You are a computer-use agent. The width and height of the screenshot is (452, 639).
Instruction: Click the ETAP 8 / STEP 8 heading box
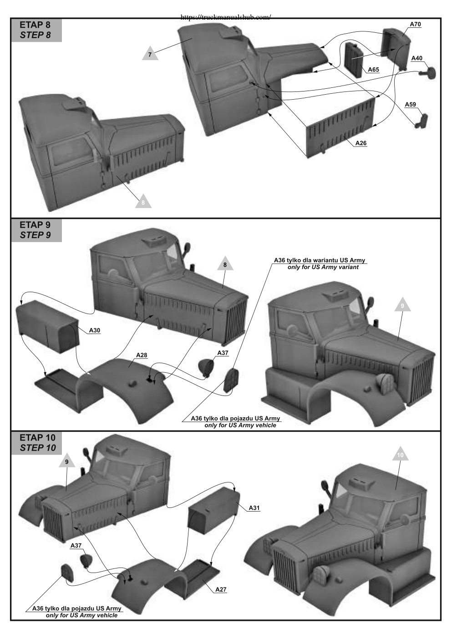[x=36, y=30]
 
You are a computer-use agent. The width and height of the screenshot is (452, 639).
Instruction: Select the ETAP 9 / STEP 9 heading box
[x=36, y=230]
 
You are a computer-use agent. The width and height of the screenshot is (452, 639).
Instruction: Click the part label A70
[x=415, y=25]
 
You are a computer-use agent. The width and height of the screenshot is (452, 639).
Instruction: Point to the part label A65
[x=373, y=70]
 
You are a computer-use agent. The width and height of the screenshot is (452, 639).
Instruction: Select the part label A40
[x=416, y=58]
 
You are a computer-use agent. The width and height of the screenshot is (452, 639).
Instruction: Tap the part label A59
[x=410, y=104]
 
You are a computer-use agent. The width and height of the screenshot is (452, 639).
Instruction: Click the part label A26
[x=361, y=143]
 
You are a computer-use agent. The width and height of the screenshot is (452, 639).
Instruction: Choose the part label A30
[x=95, y=330]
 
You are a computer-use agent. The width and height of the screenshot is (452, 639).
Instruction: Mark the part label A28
[x=142, y=355]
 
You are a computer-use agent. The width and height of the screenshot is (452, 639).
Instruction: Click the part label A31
[x=254, y=508]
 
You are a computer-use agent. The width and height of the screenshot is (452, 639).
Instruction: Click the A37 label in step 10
[x=76, y=545]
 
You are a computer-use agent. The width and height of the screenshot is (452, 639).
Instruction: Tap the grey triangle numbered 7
[x=150, y=53]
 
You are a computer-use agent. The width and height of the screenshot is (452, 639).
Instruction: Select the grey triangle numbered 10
[x=401, y=454]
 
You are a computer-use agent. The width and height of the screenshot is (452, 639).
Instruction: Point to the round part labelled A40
[x=429, y=73]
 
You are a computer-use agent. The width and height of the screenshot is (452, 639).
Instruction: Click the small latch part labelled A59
[x=422, y=121]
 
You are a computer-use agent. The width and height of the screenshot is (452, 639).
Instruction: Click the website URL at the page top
[x=226, y=17]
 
